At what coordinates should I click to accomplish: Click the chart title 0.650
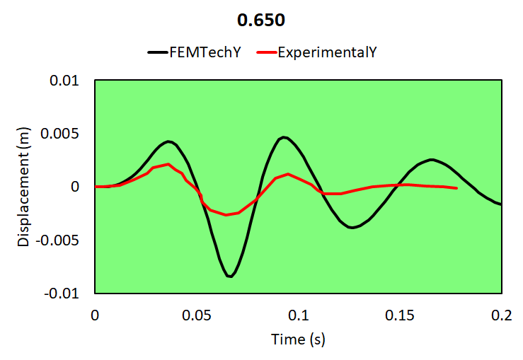[x=261, y=21]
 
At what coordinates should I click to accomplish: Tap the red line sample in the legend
[x=265, y=52]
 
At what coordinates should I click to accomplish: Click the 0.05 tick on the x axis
[x=196, y=314]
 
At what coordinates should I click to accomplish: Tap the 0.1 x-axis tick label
[x=298, y=314]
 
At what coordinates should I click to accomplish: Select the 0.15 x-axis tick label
[x=400, y=314]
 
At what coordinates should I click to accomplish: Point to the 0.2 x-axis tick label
[x=501, y=314]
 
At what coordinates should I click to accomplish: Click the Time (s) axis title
[x=298, y=339]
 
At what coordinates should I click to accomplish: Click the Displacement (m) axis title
[x=24, y=186]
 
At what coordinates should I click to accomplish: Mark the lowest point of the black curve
[x=230, y=276]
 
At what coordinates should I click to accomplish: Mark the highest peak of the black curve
[x=283, y=137]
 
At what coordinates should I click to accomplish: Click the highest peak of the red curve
[x=168, y=164]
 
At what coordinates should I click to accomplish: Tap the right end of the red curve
[x=456, y=188]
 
